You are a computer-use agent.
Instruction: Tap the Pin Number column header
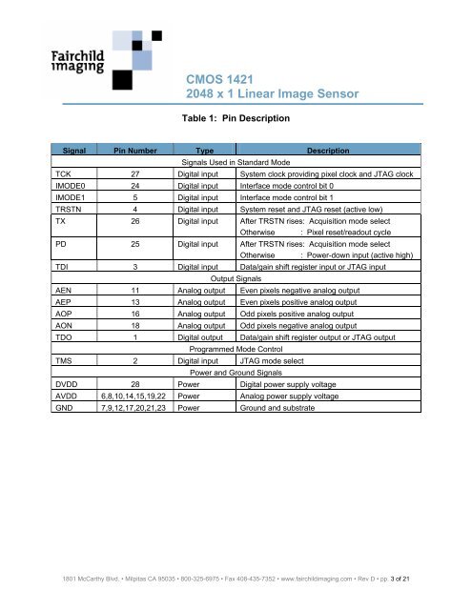tap(142, 151)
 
